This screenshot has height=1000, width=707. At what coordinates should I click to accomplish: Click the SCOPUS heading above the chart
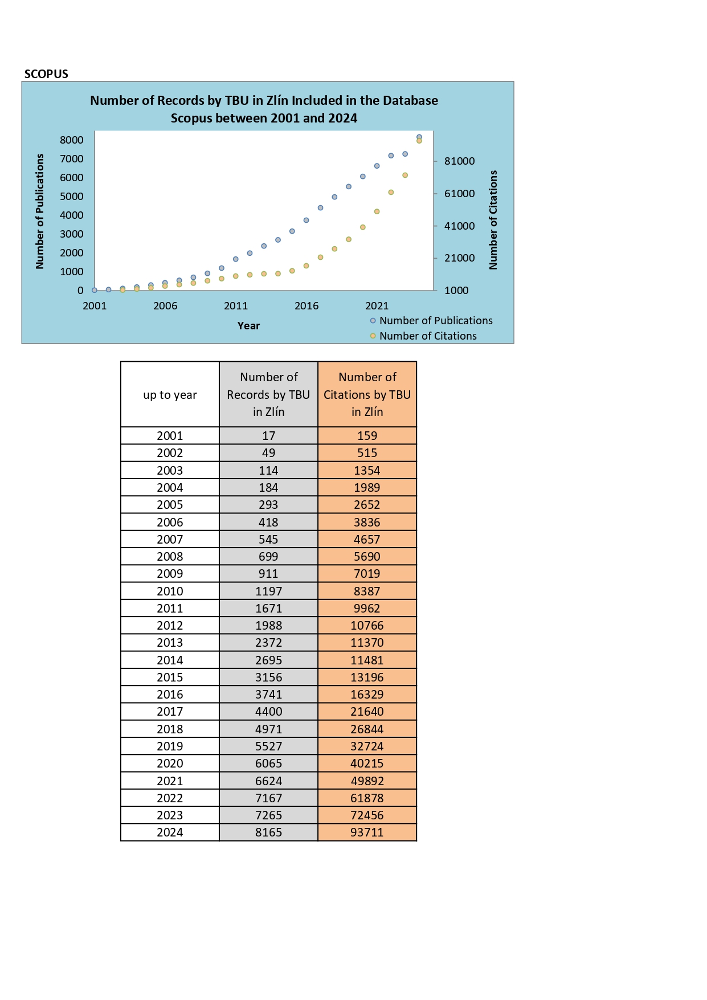(46, 74)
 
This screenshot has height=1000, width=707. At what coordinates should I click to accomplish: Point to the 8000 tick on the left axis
(72, 140)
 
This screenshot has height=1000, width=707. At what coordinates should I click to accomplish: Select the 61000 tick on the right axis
(459, 194)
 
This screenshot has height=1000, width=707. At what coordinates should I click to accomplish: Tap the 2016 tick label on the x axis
(306, 306)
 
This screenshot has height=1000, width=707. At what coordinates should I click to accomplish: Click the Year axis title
(248, 326)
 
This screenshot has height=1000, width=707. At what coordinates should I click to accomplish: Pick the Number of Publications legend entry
(431, 321)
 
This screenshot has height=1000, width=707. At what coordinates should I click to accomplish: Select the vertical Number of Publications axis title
(39, 211)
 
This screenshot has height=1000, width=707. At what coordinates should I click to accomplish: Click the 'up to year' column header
(170, 394)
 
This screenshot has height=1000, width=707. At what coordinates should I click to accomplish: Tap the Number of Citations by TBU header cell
(367, 394)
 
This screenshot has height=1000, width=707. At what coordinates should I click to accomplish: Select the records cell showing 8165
(268, 832)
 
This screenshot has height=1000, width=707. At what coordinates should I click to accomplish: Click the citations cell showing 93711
(367, 832)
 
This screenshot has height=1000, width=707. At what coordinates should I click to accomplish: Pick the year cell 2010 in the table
(170, 591)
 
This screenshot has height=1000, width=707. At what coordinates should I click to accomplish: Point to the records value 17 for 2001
(268, 436)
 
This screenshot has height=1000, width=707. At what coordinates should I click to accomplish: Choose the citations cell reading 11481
(367, 660)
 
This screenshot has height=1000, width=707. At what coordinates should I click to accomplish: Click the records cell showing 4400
(268, 712)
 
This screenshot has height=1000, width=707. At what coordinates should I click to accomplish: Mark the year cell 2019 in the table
(170, 746)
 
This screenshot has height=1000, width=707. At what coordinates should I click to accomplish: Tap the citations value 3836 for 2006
(367, 523)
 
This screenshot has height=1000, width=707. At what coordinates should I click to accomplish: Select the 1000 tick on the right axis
(456, 291)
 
